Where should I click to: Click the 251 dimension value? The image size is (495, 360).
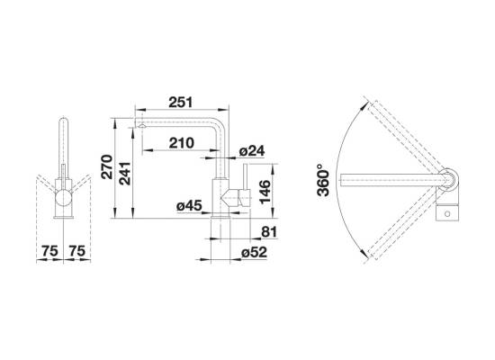[181, 103]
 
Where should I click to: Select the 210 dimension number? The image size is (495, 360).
[182, 143]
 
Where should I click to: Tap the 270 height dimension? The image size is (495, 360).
[107, 166]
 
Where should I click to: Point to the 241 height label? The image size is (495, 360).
[125, 174]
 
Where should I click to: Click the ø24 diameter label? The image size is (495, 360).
[252, 151]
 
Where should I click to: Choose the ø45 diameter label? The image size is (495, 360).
[189, 206]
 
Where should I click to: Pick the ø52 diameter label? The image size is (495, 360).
[254, 252]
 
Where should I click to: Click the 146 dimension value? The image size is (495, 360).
[265, 192]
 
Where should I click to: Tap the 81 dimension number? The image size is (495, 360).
[269, 232]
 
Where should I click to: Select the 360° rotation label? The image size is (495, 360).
[324, 180]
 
